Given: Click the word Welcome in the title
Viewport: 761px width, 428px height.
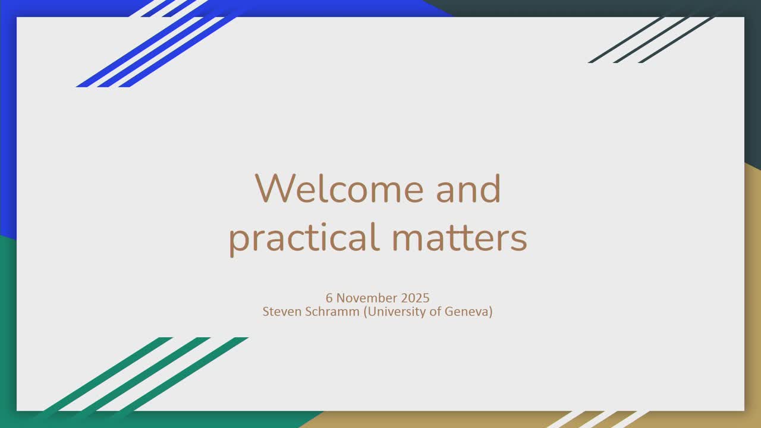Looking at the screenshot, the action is tap(339, 188).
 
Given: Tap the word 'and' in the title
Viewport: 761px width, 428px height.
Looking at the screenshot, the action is tap(468, 188).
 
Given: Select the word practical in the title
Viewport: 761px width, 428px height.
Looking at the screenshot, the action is tap(304, 238).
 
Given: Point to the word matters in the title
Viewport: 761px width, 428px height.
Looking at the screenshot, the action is tap(460, 238).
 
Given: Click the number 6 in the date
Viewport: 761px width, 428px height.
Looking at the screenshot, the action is tap(329, 298).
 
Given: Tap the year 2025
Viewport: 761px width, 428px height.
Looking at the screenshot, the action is tap(415, 298).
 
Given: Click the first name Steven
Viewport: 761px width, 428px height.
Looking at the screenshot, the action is tap(282, 311).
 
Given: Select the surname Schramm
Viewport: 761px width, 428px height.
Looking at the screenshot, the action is tap(332, 311).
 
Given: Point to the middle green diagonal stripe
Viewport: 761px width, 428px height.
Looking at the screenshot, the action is tap(143, 374).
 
